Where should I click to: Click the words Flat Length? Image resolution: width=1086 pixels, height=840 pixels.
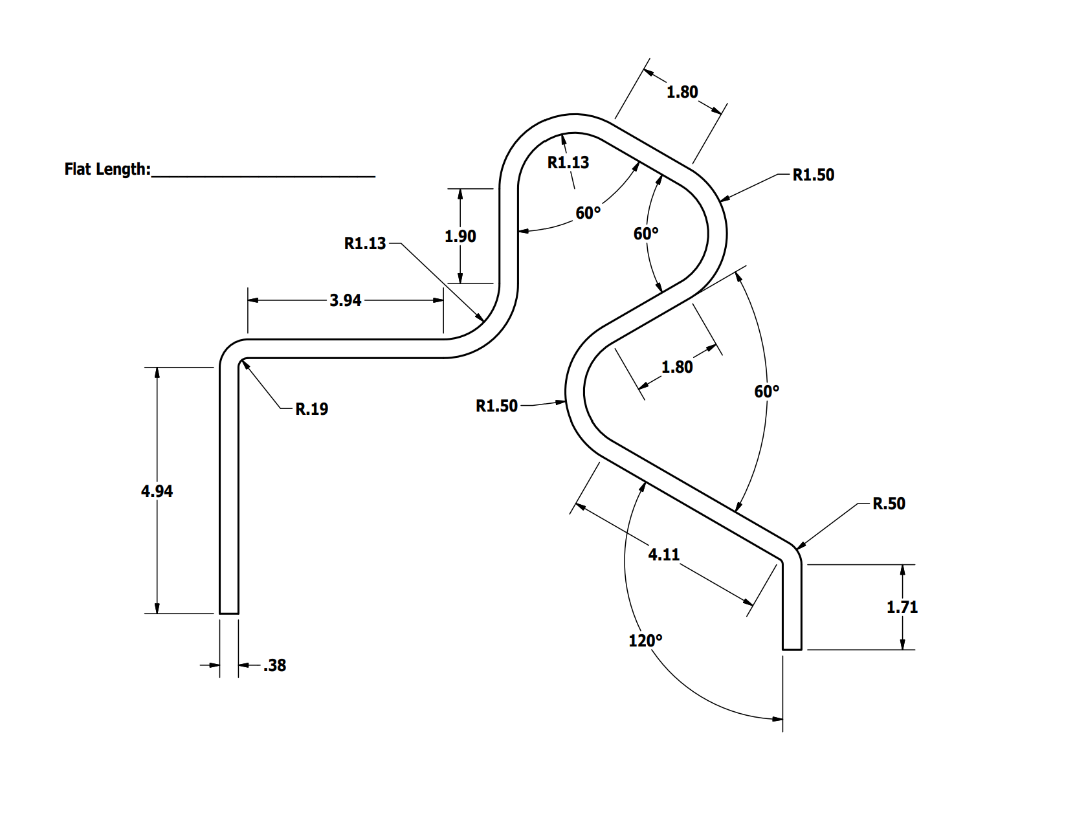click(x=107, y=170)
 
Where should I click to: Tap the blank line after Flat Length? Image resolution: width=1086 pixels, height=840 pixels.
click(x=263, y=175)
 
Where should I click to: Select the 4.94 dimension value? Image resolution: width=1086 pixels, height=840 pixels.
click(x=157, y=491)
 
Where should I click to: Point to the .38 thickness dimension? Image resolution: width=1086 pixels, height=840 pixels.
click(x=275, y=665)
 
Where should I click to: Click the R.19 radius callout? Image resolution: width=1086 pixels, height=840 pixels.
click(x=311, y=409)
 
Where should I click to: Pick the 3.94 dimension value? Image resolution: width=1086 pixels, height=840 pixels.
click(x=345, y=300)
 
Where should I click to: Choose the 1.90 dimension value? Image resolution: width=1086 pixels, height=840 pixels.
click(x=460, y=237)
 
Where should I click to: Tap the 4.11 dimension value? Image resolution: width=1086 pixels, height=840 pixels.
click(x=664, y=555)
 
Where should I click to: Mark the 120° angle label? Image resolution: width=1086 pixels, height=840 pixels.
click(x=645, y=641)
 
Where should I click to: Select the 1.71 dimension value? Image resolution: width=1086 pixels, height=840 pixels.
click(x=902, y=607)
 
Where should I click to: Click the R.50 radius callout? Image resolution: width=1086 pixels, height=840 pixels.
click(x=889, y=503)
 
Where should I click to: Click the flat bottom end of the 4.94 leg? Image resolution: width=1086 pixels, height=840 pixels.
click(x=229, y=613)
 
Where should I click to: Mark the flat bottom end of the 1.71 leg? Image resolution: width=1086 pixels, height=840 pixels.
click(x=792, y=649)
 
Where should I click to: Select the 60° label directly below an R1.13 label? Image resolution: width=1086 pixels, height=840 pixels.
click(x=588, y=213)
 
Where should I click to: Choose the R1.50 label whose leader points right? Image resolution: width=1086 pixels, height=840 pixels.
click(x=496, y=406)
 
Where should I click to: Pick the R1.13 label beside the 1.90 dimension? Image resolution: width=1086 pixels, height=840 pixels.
click(x=365, y=243)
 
